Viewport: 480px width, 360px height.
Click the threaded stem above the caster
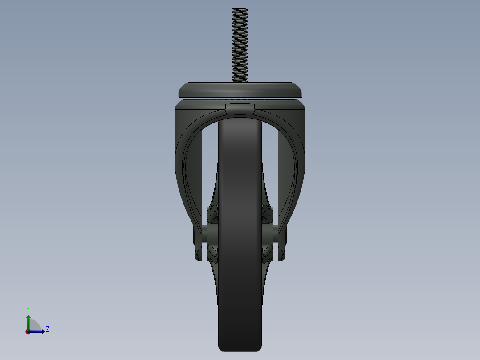tap(240, 45)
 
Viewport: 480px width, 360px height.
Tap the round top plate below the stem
tap(240, 90)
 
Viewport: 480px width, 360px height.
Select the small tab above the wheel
tap(240, 109)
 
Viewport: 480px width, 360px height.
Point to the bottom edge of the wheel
tap(240, 348)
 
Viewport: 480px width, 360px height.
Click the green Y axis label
tap(28, 310)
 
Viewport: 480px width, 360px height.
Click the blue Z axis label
tap(48, 329)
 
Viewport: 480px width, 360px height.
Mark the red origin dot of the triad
tap(28, 332)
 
